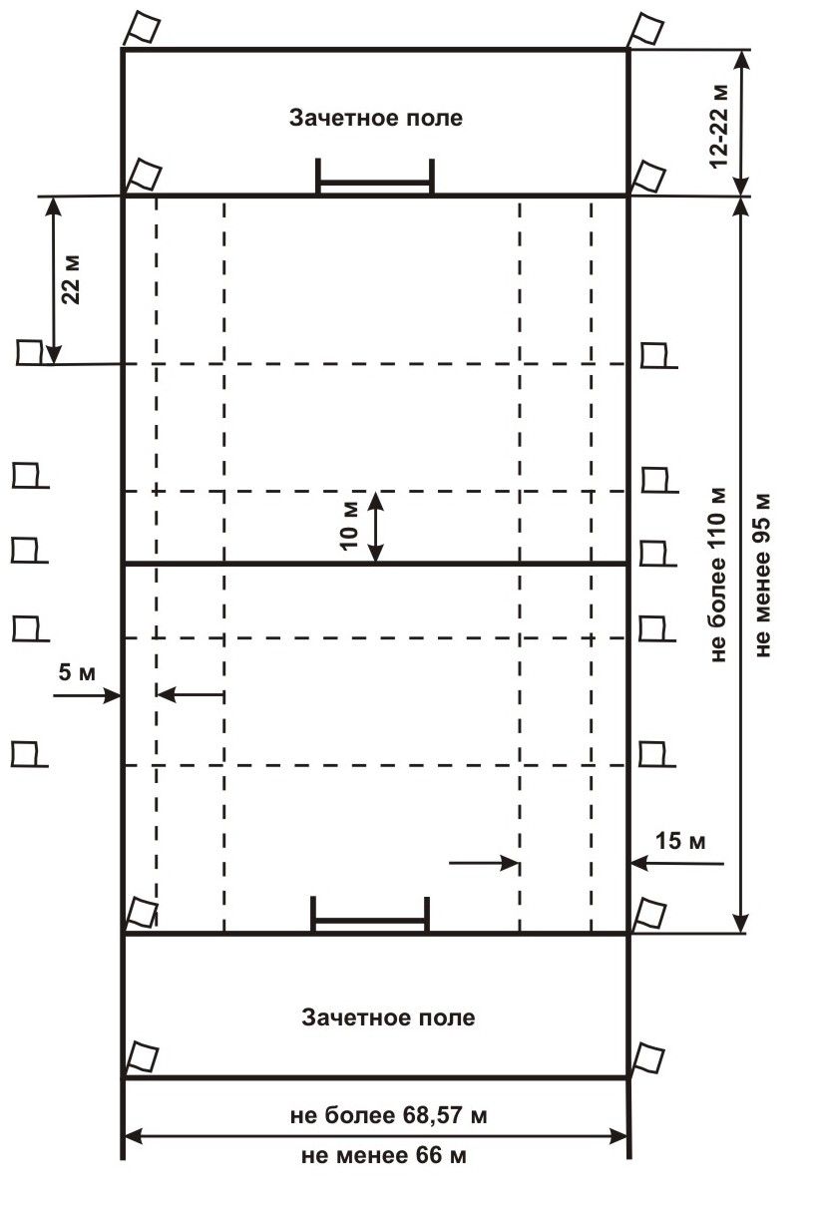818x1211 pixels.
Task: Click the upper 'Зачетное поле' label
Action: [x=376, y=118]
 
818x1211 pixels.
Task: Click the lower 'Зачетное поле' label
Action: [x=388, y=1017]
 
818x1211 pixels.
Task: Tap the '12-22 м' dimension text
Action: [x=719, y=126]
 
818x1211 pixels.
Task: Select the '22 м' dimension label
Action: [x=71, y=279]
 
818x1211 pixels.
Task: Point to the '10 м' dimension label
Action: [x=350, y=526]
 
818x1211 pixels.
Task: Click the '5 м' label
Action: [x=78, y=673]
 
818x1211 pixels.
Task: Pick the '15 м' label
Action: [x=680, y=841]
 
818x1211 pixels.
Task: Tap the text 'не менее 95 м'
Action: [x=762, y=576]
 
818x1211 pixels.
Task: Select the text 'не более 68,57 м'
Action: [x=388, y=1115]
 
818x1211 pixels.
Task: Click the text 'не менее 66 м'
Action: [x=384, y=1155]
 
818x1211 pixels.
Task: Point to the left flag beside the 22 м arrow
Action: [x=30, y=352]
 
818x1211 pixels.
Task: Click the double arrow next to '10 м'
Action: [x=376, y=527]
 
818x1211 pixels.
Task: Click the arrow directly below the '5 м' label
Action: [x=87, y=695]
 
